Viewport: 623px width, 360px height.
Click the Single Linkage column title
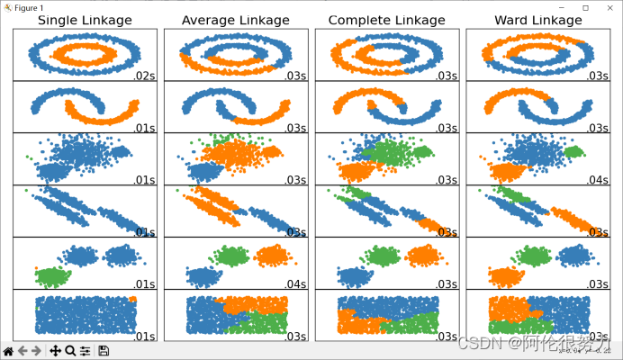click(85, 20)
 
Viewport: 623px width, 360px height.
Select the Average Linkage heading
click(236, 20)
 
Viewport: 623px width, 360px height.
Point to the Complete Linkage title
click(386, 20)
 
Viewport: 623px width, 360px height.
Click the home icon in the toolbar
click(8, 351)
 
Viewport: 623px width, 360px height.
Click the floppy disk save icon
click(104, 351)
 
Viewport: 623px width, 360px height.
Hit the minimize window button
click(559, 6)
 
